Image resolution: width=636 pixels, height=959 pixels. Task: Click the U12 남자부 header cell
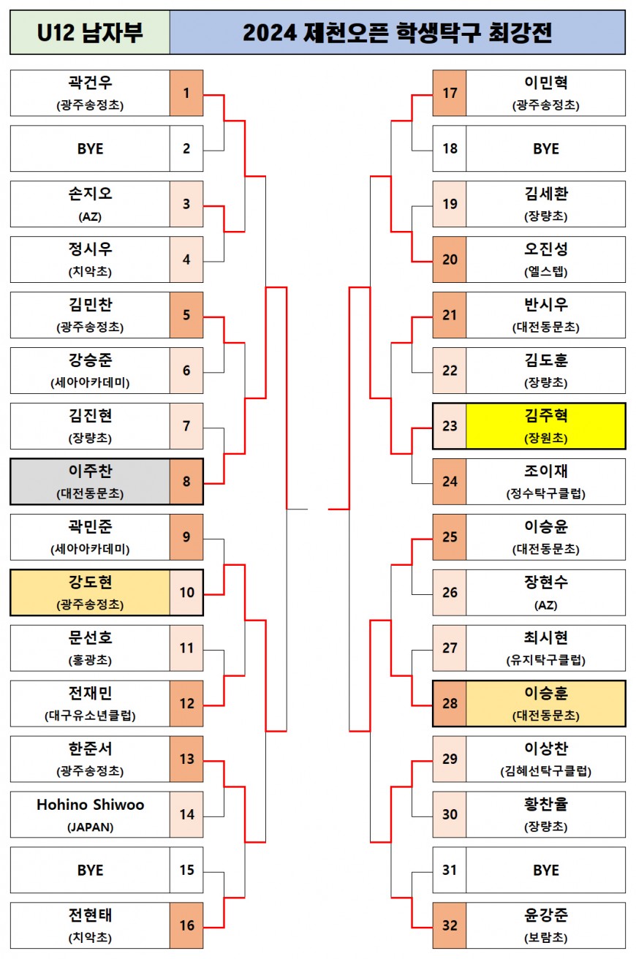90,33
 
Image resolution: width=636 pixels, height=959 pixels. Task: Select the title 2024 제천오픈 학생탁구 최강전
397,33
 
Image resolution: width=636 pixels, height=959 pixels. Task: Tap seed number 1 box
186,93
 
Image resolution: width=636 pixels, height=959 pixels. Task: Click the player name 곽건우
90,83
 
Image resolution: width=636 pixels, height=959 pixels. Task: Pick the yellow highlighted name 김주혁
545,417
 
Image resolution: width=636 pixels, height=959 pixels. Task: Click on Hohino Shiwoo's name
90,805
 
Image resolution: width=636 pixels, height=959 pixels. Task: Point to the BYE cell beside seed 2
90,148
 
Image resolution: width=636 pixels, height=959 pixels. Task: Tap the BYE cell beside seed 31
545,870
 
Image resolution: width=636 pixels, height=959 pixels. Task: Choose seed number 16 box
186,925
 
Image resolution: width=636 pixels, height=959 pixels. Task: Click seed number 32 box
450,925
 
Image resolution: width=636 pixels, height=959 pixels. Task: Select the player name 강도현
90,583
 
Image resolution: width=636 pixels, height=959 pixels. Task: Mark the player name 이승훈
545,694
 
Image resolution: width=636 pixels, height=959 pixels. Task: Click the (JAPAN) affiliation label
90,827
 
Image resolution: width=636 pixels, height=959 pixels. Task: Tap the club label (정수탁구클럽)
545,494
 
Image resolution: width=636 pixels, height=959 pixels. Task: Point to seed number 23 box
450,425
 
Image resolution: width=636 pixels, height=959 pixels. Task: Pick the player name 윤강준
545,916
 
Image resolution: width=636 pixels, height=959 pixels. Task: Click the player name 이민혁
545,83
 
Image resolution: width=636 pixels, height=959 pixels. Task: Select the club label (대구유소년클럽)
90,716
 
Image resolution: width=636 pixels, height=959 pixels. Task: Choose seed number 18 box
450,148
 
